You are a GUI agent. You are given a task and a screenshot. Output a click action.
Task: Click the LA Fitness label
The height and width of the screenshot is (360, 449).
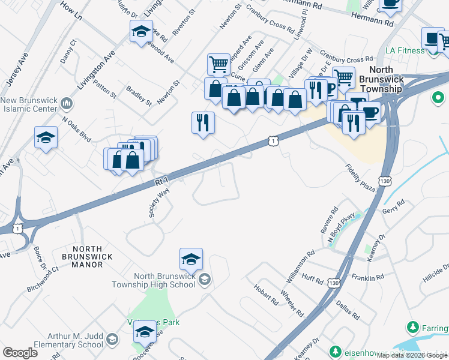405,50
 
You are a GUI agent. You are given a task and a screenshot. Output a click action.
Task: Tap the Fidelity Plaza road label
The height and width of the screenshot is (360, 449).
360,178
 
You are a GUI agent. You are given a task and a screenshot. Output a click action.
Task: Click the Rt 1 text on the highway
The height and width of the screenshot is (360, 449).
161,181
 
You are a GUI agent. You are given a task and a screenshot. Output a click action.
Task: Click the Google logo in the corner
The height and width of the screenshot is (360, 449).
20,353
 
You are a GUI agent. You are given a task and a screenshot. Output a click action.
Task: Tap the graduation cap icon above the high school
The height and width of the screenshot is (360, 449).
191,259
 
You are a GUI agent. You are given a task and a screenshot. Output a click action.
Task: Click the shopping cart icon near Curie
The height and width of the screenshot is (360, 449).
218,64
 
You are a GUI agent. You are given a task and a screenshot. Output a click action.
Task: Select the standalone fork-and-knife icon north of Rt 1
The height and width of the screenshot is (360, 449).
203,122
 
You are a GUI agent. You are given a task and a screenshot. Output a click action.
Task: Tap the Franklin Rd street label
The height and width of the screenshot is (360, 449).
367,278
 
